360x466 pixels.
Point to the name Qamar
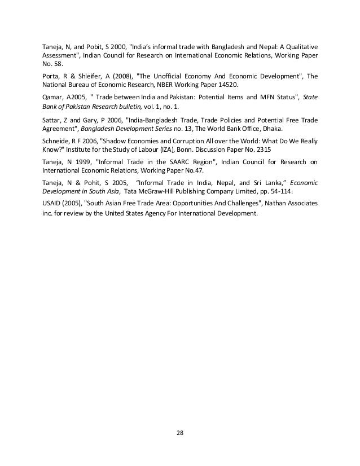point(52,96)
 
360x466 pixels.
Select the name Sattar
point(52,120)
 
